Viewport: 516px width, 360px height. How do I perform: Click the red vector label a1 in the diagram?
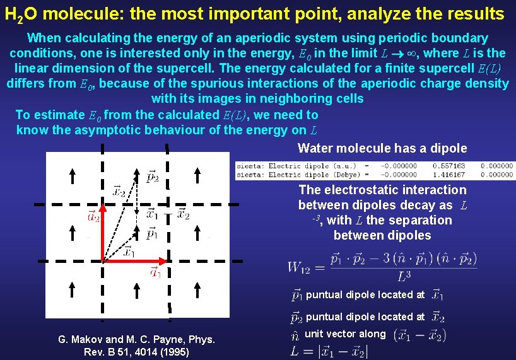pos(155,272)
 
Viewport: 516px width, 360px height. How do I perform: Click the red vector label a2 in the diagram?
pos(93,218)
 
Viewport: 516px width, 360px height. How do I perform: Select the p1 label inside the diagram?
pos(152,234)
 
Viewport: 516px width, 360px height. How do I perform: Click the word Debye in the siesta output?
pos(348,175)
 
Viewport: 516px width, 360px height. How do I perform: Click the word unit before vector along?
pos(314,334)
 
